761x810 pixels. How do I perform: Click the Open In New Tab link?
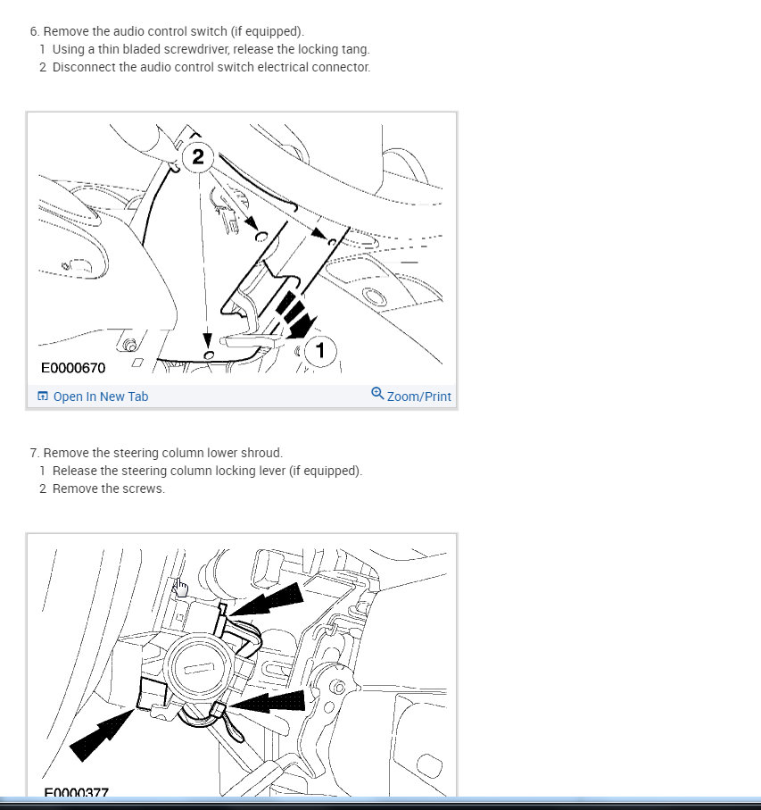pos(101,397)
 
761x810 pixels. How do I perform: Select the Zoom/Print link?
pos(419,397)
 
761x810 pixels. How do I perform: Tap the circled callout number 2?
pos(197,156)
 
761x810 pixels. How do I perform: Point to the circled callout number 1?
pos(320,350)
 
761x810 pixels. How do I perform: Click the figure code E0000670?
pos(73,368)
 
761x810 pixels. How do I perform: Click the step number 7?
pos(34,453)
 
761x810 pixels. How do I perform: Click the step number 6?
pos(34,31)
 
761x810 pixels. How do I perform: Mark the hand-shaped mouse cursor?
pos(181,588)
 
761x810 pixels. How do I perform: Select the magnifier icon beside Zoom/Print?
pos(377,394)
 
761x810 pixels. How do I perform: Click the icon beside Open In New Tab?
pos(43,397)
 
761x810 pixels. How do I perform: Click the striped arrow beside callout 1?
pos(295,315)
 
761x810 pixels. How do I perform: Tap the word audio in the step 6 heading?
pos(126,31)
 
